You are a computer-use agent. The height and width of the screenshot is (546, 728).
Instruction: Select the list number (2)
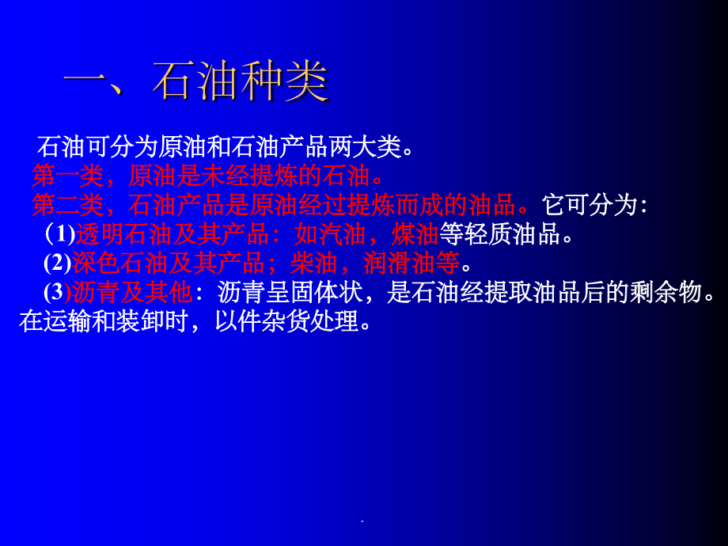pyautogui.click(x=57, y=264)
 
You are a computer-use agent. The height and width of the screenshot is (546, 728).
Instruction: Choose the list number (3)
pyautogui.click(x=57, y=293)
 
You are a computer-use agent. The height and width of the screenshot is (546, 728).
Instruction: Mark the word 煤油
pyautogui.click(x=415, y=234)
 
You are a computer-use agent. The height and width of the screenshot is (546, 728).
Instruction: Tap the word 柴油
pyautogui.click(x=313, y=264)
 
